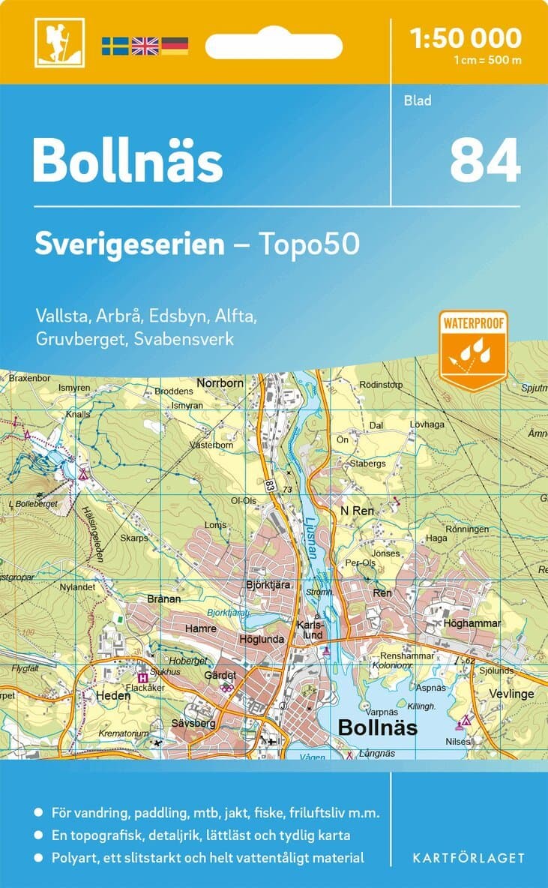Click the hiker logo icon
click(59, 42)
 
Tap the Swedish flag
click(115, 46)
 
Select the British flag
click(145, 46)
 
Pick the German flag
click(174, 46)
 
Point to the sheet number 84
click(484, 161)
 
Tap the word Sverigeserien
click(130, 244)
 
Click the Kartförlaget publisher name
click(469, 858)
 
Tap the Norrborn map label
click(220, 382)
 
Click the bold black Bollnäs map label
click(377, 727)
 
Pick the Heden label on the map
click(113, 695)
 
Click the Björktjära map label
click(268, 584)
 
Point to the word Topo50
click(308, 244)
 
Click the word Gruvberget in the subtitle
click(80, 338)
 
